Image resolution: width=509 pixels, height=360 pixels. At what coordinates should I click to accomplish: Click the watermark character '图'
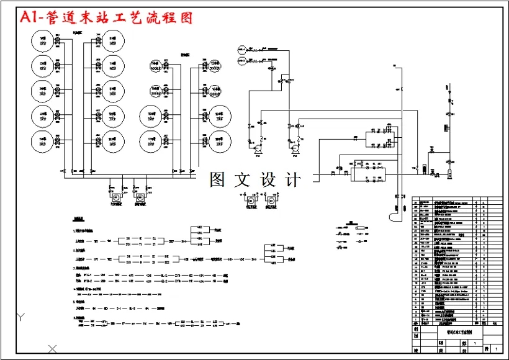[218, 180]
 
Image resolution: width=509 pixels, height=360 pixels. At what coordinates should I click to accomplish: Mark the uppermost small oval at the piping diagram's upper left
[242, 48]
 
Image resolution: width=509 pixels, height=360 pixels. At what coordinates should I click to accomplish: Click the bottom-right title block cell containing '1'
[495, 350]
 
